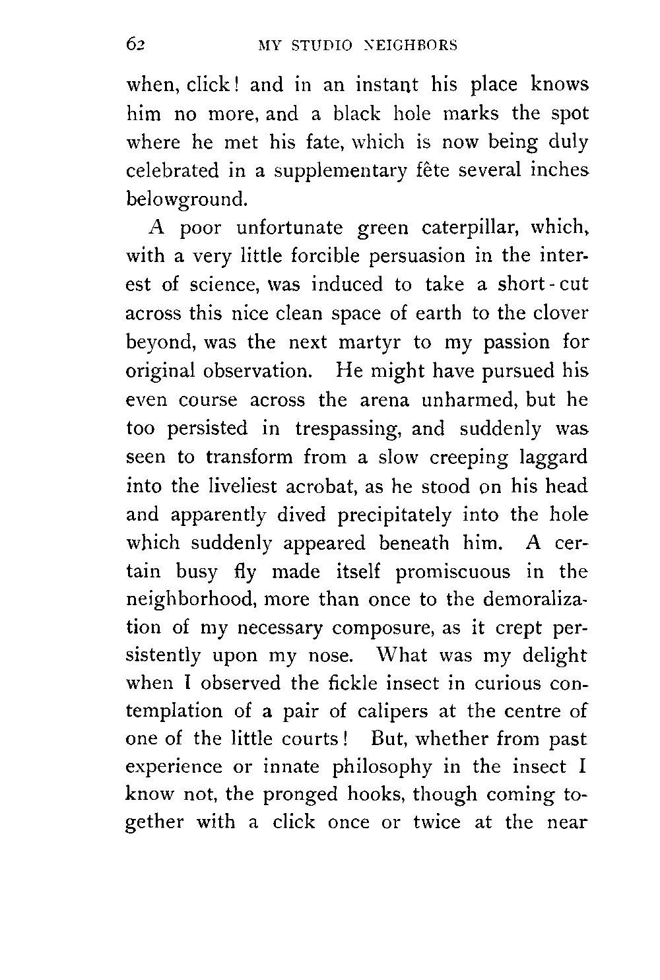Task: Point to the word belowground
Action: click(x=186, y=199)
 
